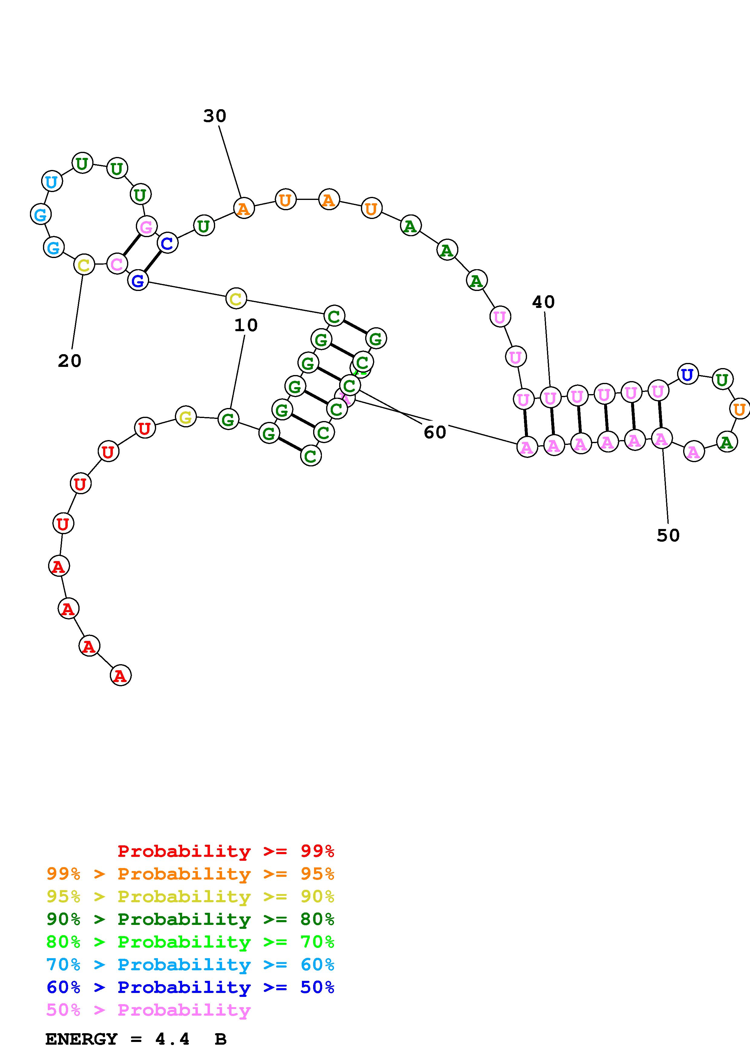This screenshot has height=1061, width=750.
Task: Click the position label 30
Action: [215, 116]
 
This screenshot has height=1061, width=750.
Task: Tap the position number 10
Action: [246, 325]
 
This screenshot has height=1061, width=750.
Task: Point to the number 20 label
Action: [70, 361]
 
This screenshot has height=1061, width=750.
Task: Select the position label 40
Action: [543, 302]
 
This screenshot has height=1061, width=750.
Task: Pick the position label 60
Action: [435, 433]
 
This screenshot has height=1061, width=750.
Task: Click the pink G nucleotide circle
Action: [146, 227]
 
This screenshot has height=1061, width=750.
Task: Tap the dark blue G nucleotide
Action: [138, 280]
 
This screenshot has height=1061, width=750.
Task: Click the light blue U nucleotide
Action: [52, 181]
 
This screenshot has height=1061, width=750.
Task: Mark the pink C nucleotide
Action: [117, 264]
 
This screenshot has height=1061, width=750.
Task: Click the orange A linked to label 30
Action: [244, 208]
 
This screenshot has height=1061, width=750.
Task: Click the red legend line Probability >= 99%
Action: [225, 851]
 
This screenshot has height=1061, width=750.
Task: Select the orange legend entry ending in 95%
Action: [190, 874]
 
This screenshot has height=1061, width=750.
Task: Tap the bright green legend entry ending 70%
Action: [190, 942]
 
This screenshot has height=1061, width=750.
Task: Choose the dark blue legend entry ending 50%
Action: [190, 987]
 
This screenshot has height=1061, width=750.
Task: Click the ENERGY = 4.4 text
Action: [118, 1039]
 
